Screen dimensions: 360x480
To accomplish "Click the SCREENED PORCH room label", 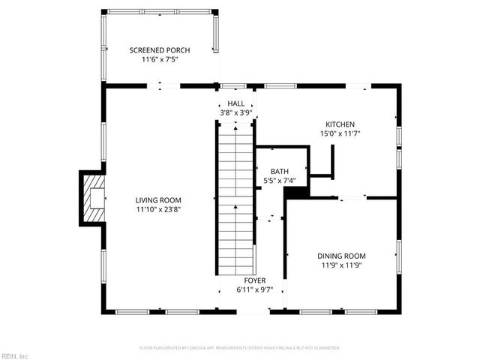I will point(159,50).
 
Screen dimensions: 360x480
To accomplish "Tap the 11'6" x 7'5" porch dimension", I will point(159,60).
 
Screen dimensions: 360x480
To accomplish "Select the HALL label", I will point(235,103).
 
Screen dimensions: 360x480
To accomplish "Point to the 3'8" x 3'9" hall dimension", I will point(235,112).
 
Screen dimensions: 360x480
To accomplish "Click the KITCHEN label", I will point(340,124).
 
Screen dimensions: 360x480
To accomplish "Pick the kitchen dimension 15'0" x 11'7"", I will point(340,134).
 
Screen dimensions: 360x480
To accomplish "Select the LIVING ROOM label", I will point(158,200).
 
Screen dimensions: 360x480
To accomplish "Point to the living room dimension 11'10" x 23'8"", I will point(158,210).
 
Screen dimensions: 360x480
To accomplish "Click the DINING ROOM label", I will point(340,256).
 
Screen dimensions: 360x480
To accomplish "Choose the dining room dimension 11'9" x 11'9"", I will point(340,265).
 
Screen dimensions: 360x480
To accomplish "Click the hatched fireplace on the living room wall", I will point(94,199).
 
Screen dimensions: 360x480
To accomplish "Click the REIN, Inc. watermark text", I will point(15,355).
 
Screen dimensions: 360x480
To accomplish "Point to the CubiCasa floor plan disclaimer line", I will point(240,348).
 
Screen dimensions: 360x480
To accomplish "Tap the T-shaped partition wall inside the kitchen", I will point(328,163).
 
